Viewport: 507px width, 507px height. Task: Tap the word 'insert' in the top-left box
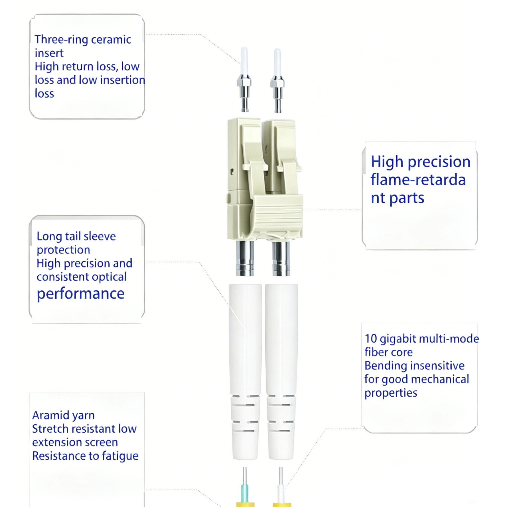pyautogui.click(x=49, y=53)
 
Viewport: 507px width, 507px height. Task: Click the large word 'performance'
pyautogui.click(x=81, y=294)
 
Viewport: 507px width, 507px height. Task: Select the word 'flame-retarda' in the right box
pyautogui.click(x=418, y=180)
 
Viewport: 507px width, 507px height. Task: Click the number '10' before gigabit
pyautogui.click(x=371, y=339)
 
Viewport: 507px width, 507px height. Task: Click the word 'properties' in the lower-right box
pyautogui.click(x=391, y=393)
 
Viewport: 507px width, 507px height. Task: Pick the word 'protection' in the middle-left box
pyautogui.click(x=63, y=250)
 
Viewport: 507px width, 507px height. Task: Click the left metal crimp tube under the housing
pyautogui.click(x=245, y=258)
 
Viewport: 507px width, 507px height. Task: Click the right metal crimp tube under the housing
pyautogui.click(x=281, y=258)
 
